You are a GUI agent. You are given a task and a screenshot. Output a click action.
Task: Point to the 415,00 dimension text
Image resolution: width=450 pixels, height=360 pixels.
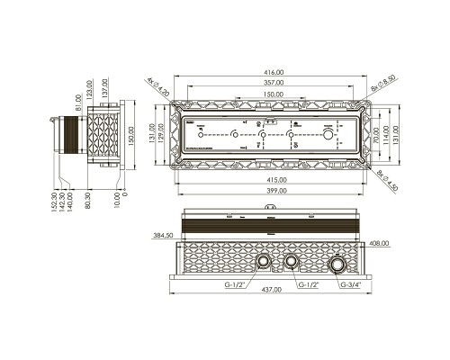[x=275, y=179]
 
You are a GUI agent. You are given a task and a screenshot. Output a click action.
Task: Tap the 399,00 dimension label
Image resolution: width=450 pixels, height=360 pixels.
[x=275, y=192]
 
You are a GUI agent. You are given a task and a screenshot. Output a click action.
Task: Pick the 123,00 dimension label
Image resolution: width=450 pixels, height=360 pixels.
[x=90, y=92]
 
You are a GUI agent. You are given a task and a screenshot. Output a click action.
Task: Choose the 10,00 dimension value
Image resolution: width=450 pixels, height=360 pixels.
[x=120, y=195]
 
